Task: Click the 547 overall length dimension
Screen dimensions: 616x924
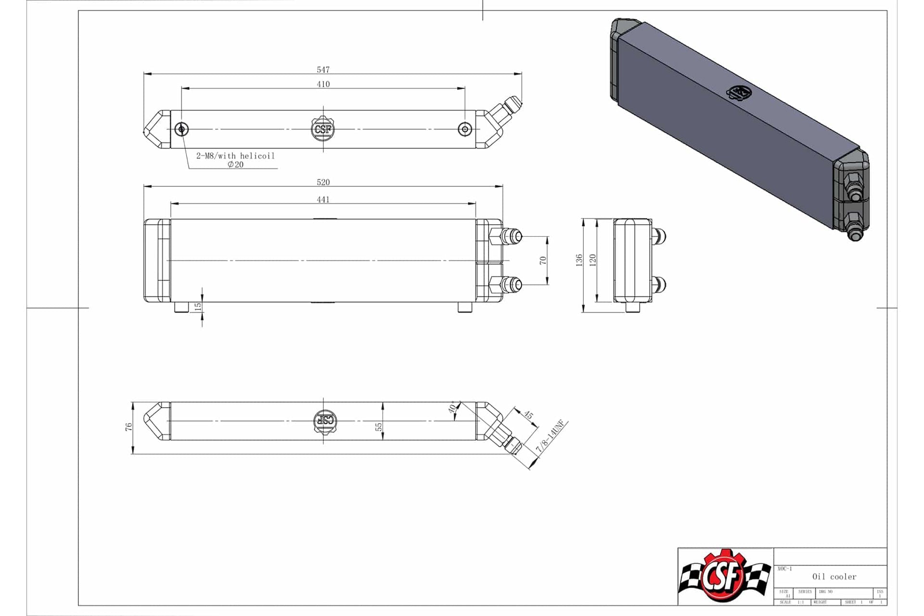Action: (323, 70)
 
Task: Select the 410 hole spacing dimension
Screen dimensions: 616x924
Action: (323, 84)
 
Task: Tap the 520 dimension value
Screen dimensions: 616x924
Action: (323, 182)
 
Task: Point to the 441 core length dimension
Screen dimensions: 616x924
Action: (323, 199)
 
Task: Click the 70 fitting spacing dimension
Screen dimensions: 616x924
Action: (543, 260)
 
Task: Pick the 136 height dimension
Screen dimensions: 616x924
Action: (579, 260)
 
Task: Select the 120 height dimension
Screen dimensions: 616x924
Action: (592, 260)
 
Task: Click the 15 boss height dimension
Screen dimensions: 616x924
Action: (198, 307)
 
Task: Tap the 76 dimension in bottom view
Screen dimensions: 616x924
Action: (128, 427)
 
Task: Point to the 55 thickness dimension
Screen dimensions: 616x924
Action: (378, 427)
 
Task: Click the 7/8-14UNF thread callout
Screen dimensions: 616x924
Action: (552, 436)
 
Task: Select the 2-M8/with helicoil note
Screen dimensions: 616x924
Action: (235, 156)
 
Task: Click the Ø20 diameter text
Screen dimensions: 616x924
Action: (235, 165)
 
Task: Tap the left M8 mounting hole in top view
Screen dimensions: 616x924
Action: (181, 129)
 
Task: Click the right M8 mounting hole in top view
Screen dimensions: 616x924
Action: (464, 129)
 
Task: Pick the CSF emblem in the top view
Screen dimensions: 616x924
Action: (323, 129)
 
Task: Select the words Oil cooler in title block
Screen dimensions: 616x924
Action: (834, 577)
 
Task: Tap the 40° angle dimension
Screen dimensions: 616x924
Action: (452, 408)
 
